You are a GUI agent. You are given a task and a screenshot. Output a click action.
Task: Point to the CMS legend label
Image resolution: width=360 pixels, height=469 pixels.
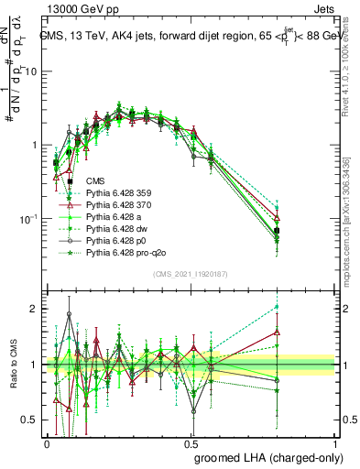coord(96,181)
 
